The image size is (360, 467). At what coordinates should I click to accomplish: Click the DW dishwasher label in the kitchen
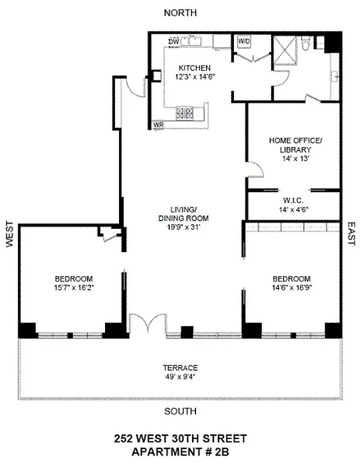click(173, 41)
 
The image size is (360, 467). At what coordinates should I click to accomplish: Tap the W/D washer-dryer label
click(243, 41)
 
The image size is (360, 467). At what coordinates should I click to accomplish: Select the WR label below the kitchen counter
click(158, 124)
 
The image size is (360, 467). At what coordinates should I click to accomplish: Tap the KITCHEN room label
click(194, 67)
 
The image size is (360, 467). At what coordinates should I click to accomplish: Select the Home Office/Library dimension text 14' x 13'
click(295, 158)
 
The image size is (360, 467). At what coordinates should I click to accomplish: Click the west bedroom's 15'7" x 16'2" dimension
click(74, 287)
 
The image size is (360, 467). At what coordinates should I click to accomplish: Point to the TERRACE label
click(180, 367)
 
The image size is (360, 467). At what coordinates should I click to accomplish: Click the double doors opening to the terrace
click(144, 325)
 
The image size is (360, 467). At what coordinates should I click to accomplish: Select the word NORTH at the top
click(180, 12)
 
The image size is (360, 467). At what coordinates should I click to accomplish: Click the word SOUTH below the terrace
click(180, 411)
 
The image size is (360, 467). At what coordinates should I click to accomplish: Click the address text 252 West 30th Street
click(180, 438)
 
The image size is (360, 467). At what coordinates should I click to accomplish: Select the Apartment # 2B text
click(180, 451)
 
